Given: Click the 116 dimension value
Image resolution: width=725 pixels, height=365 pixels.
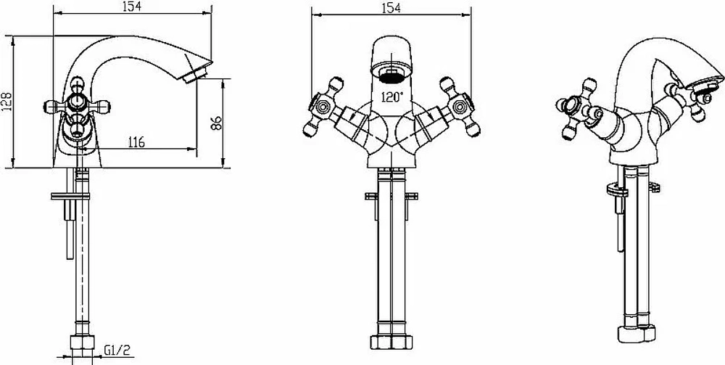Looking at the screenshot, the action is tap(135, 142).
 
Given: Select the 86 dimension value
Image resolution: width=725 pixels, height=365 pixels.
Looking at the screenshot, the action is tap(216, 123).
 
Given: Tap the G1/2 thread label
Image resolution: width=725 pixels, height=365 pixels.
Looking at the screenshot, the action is tap(117, 350).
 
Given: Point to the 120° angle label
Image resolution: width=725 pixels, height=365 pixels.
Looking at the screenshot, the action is tap(392, 97).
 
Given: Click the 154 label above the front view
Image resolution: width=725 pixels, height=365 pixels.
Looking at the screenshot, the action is tap(391, 8).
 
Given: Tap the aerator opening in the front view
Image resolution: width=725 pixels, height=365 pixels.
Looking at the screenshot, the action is tap(392, 75).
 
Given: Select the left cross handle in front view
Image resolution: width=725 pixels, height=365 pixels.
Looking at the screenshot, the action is tap(323, 107).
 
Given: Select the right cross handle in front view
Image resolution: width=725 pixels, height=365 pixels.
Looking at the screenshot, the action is tap(460, 107).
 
